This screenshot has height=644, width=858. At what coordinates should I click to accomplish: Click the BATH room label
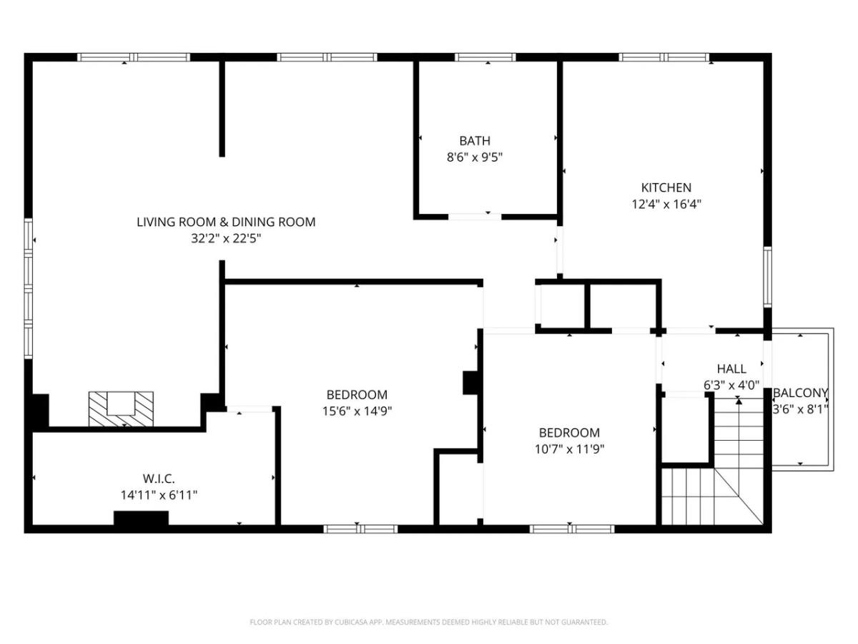pyautogui.click(x=475, y=141)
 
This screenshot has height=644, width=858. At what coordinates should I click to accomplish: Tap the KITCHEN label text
pyautogui.click(x=666, y=187)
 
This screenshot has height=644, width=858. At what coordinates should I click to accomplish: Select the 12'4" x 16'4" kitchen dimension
pyautogui.click(x=666, y=205)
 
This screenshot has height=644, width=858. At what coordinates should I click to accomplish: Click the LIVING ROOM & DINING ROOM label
pyautogui.click(x=226, y=222)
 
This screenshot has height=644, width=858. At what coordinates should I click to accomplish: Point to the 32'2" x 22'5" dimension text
pyautogui.click(x=226, y=238)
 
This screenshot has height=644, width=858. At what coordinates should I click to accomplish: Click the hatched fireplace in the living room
pyautogui.click(x=121, y=409)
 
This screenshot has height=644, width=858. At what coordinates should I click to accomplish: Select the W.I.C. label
pyautogui.click(x=158, y=478)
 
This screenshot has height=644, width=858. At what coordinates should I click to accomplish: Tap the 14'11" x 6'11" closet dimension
pyautogui.click(x=159, y=495)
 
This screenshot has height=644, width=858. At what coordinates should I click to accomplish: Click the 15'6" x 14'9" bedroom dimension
pyautogui.click(x=357, y=411)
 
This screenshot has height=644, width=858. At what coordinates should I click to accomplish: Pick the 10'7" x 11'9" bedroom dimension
pyautogui.click(x=569, y=449)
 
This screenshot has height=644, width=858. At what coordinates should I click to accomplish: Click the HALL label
pyautogui.click(x=731, y=369)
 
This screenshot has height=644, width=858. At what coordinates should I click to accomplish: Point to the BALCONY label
pyautogui.click(x=801, y=393)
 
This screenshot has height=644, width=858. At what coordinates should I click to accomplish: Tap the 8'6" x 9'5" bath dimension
pyautogui.click(x=475, y=157)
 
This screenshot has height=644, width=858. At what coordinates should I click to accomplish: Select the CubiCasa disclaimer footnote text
pyautogui.click(x=428, y=622)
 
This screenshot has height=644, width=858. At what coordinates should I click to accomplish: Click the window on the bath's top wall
pyautogui.click(x=485, y=57)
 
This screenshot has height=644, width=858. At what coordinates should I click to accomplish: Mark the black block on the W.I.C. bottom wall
pyautogui.click(x=141, y=517)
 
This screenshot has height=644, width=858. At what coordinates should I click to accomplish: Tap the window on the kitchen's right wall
pyautogui.click(x=768, y=277)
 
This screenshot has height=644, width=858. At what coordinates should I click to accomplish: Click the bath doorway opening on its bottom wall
pyautogui.click(x=475, y=217)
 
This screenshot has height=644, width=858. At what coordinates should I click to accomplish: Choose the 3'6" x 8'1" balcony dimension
pyautogui.click(x=801, y=409)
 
